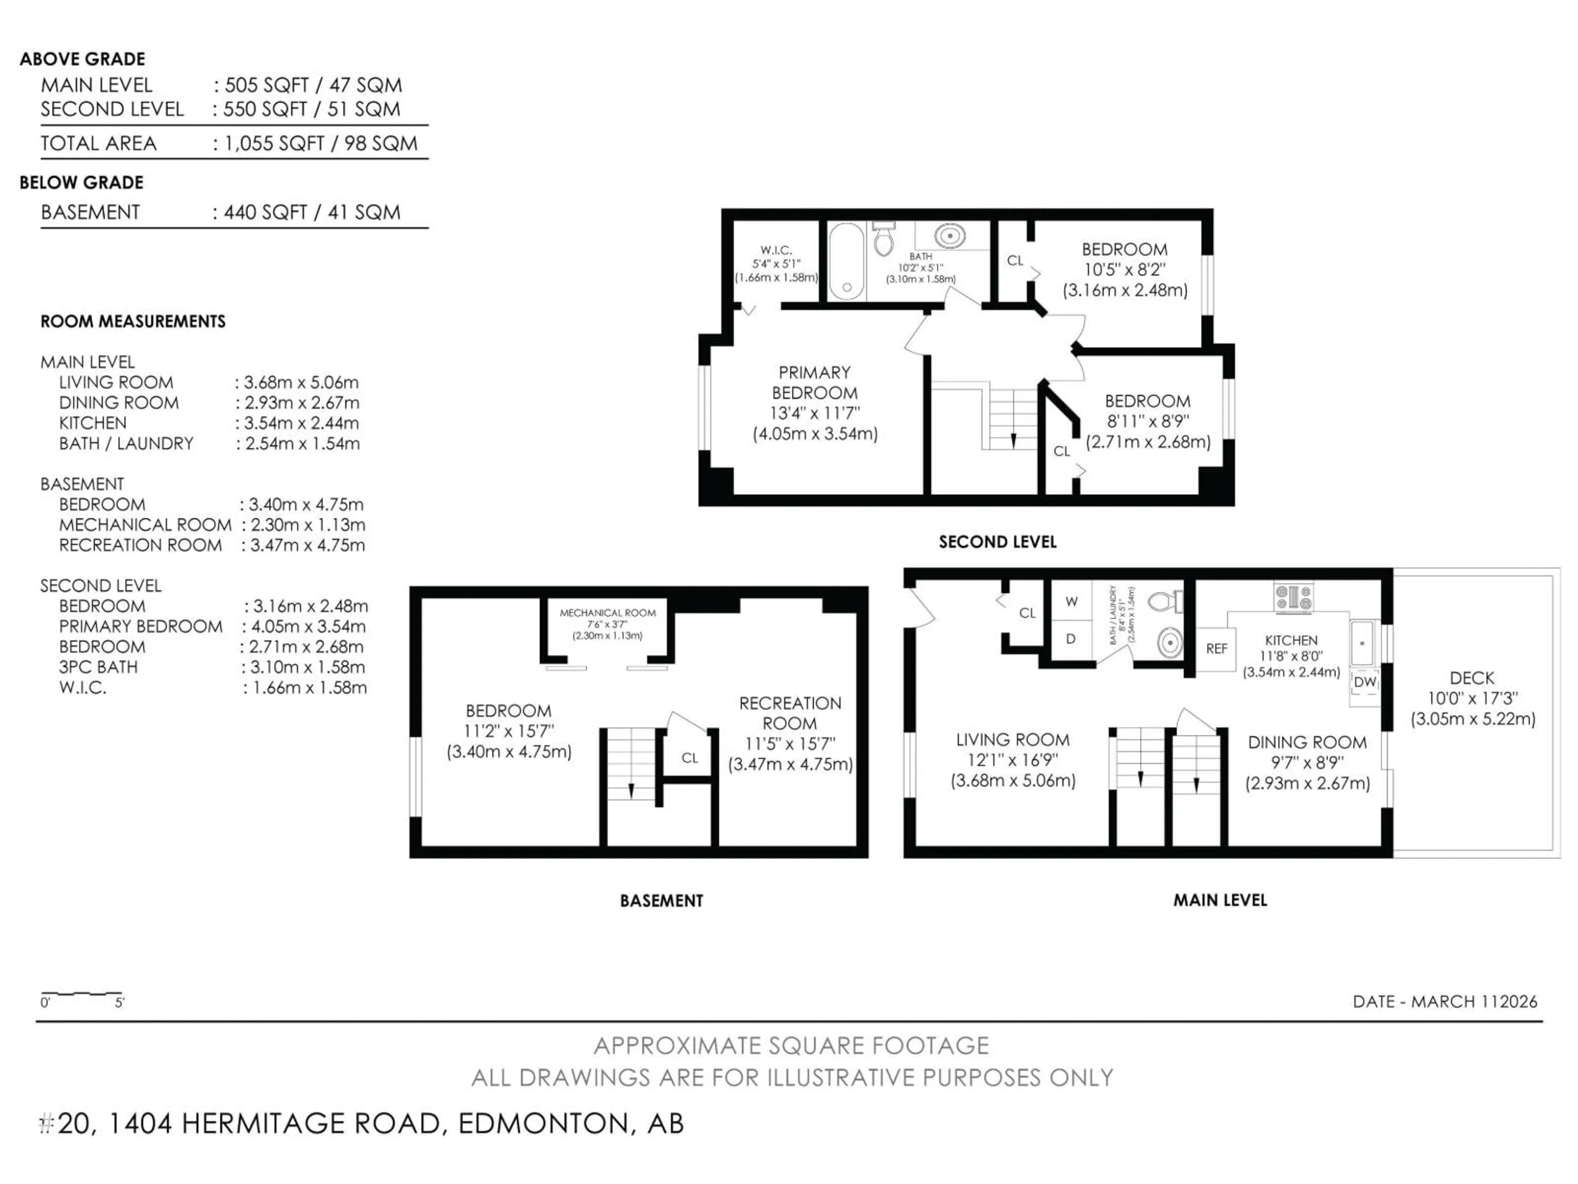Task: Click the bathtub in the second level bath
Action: coord(847,261)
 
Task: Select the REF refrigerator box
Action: coord(1216,649)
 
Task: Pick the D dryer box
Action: coord(1071,639)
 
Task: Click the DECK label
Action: coord(1471,678)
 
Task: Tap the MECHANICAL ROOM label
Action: coord(607,613)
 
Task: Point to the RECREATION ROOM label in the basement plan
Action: coord(790,713)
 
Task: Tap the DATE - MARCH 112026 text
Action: coord(1444,1001)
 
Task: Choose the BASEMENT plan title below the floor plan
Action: coord(661,901)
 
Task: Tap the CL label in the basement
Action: coord(689,758)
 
